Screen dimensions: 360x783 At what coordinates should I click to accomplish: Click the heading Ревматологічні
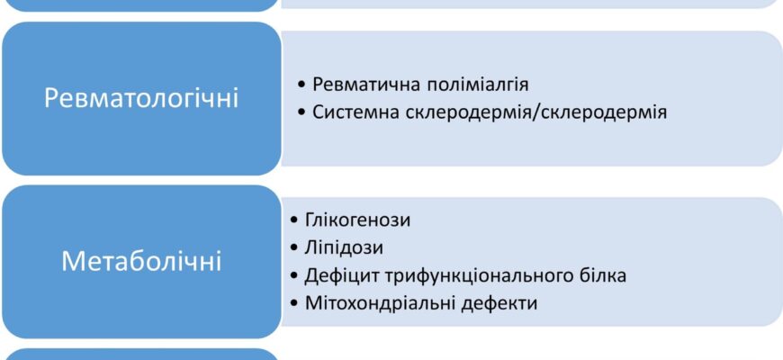point(141,97)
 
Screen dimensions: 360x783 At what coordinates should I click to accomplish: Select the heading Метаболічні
point(141,261)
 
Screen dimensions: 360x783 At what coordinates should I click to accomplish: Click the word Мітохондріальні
point(371,302)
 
